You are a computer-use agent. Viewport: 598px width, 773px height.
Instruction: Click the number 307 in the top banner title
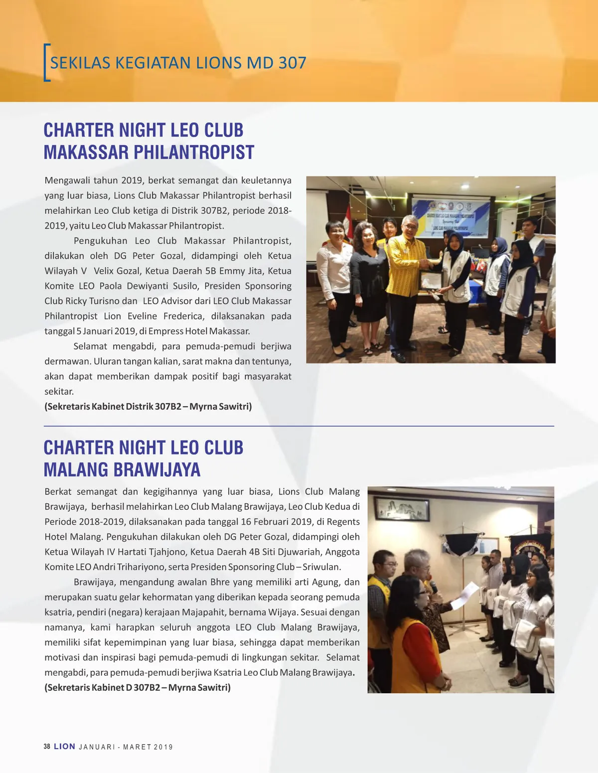point(292,63)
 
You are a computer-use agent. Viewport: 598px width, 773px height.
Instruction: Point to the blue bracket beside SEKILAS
point(47,63)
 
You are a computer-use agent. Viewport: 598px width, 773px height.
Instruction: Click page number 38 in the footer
point(47,747)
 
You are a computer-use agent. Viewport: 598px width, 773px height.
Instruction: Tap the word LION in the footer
point(64,747)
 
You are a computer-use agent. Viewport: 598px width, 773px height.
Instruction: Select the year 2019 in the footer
point(163,747)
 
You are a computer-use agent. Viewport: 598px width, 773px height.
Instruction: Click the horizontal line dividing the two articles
point(299,427)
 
